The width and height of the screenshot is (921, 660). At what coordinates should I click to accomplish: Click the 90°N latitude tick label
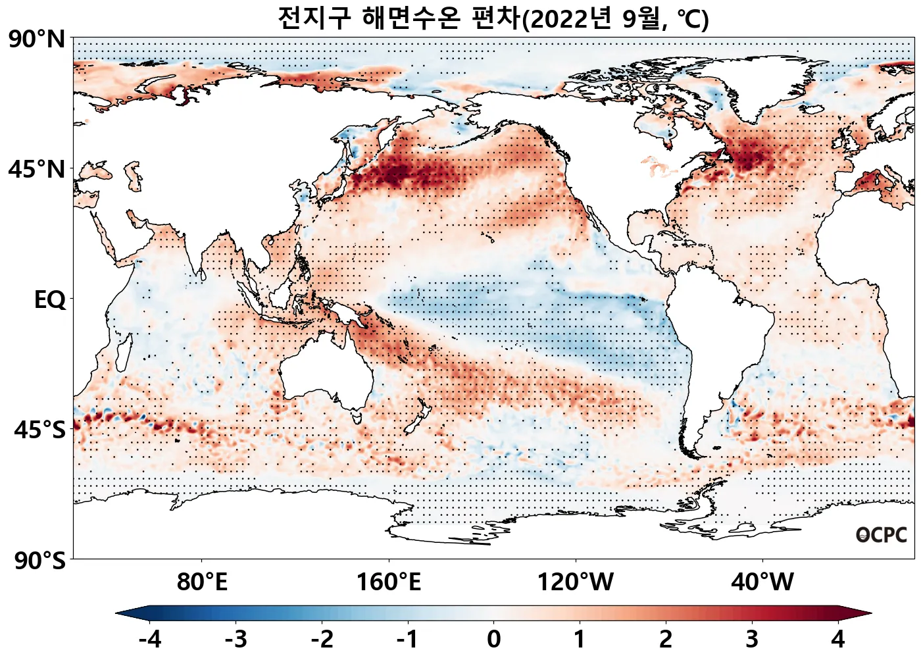(x=37, y=39)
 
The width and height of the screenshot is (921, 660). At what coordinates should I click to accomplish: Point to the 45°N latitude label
(x=37, y=169)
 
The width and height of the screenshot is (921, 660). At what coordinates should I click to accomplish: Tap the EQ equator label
(x=50, y=300)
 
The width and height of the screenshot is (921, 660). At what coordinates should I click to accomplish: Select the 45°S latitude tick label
(x=39, y=430)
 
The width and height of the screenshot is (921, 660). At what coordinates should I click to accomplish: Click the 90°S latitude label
(x=39, y=561)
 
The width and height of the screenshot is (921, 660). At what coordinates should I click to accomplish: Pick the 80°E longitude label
(x=202, y=582)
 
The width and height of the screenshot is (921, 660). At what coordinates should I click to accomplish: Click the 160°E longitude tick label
(x=388, y=582)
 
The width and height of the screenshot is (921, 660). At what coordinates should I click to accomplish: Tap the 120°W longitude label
(x=576, y=582)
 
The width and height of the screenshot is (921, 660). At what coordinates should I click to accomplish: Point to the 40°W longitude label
(x=762, y=582)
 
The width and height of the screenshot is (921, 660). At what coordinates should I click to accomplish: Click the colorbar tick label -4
(x=150, y=639)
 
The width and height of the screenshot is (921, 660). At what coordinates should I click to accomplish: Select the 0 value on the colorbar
(x=493, y=639)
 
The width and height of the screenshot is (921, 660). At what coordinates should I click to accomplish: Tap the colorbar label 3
(x=751, y=639)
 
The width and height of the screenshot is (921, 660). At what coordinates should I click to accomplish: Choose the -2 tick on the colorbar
(x=322, y=639)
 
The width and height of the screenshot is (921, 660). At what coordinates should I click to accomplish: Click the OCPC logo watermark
(x=882, y=535)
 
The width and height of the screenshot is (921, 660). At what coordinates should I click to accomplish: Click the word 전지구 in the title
(x=314, y=18)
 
